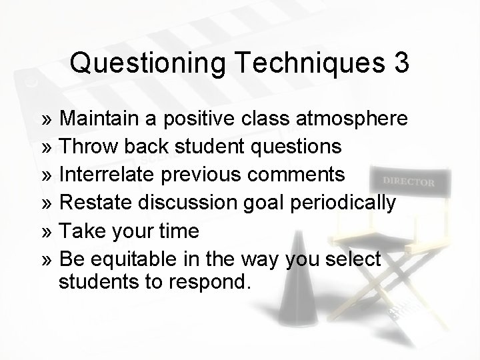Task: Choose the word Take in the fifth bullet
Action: pos(82,231)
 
